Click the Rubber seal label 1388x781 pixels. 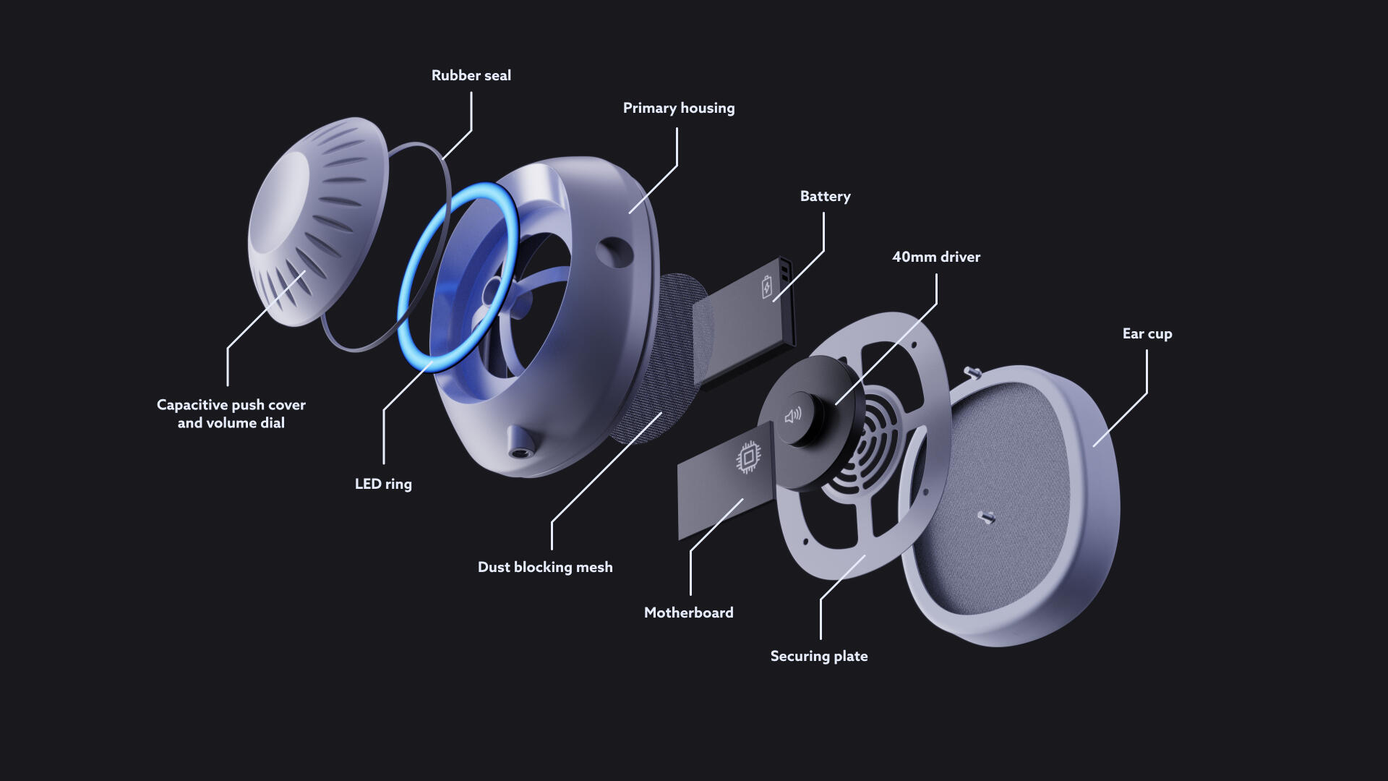471,75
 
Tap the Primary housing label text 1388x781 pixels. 679,108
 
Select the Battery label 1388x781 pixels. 825,197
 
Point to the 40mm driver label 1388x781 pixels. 936,257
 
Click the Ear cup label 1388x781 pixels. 1147,334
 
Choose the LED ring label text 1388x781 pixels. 383,484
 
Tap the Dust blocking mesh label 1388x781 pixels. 545,567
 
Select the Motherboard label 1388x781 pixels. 688,613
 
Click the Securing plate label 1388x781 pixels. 819,657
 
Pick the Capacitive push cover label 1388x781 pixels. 231,414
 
